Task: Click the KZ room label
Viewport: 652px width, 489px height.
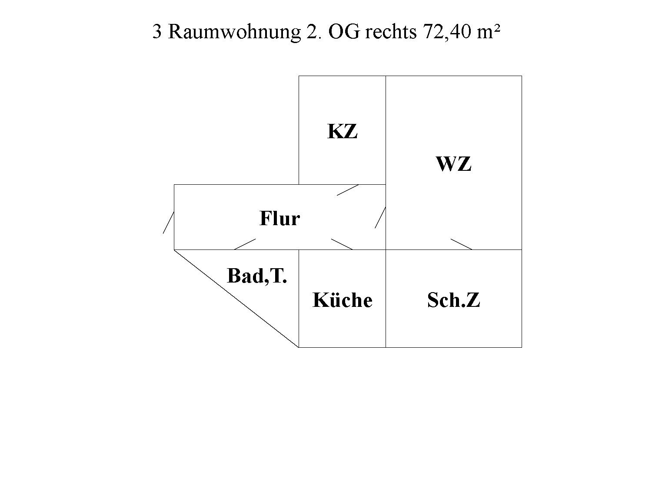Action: [x=342, y=131]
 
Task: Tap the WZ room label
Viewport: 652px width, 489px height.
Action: [x=453, y=164]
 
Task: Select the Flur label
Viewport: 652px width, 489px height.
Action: [x=279, y=218]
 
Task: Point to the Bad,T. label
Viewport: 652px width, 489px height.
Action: [x=257, y=276]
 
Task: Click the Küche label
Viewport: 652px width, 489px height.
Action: [x=342, y=300]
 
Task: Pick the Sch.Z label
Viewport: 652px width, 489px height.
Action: [x=453, y=300]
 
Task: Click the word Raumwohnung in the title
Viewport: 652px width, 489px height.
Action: [x=234, y=32]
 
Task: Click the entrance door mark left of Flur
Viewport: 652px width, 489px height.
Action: [x=169, y=222]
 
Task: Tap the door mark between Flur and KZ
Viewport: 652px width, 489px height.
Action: [x=348, y=190]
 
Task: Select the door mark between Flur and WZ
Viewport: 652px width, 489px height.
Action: [x=380, y=217]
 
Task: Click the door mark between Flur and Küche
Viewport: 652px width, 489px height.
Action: [x=342, y=244]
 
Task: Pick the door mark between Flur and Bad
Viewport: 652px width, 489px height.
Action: [x=245, y=244]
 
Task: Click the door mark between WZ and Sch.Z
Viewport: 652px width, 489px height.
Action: [x=461, y=244]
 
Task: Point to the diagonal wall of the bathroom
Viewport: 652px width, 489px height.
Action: [x=236, y=298]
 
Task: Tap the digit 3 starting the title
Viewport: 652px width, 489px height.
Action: [x=157, y=32]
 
